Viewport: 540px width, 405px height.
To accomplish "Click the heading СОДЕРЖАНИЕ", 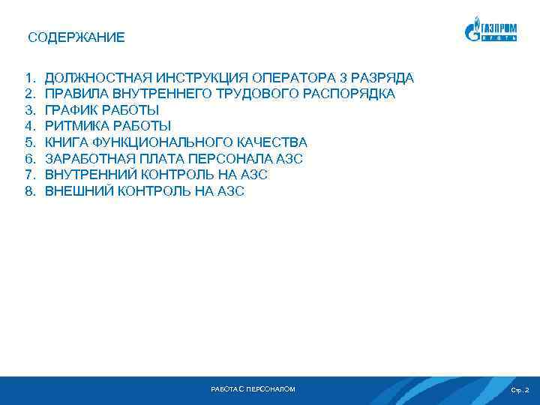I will pos(76,37).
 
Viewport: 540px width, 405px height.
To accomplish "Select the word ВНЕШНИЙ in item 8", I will pos(79,191).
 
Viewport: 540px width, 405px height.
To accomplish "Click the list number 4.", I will pos(30,126).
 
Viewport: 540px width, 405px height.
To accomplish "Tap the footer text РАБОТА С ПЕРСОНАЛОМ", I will pos(253,389).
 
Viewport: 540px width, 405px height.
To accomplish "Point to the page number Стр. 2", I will pos(519,390).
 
